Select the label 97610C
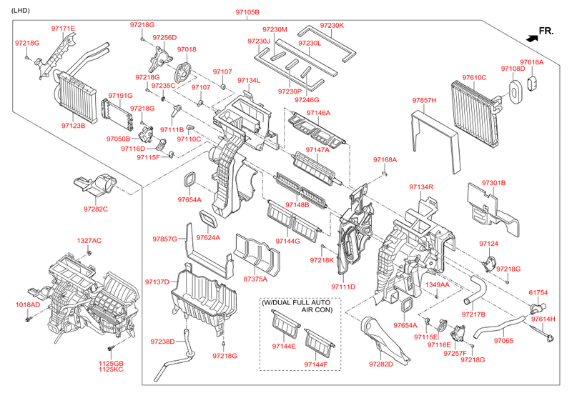click(473, 77)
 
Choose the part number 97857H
click(424, 100)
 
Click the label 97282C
click(95, 209)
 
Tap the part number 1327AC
click(89, 240)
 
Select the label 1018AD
click(29, 305)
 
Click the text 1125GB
click(110, 363)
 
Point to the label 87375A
click(256, 279)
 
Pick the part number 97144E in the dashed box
click(284, 346)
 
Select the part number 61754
click(538, 292)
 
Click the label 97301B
click(493, 183)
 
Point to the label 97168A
click(385, 159)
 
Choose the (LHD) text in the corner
click(21, 12)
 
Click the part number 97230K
click(332, 26)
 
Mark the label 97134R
click(422, 186)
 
